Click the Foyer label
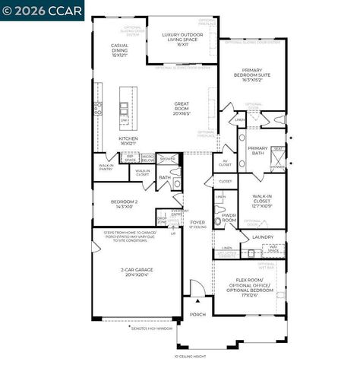(x=198, y=222)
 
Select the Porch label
(x=197, y=314)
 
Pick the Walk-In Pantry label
(x=106, y=167)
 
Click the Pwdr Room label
(x=229, y=218)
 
